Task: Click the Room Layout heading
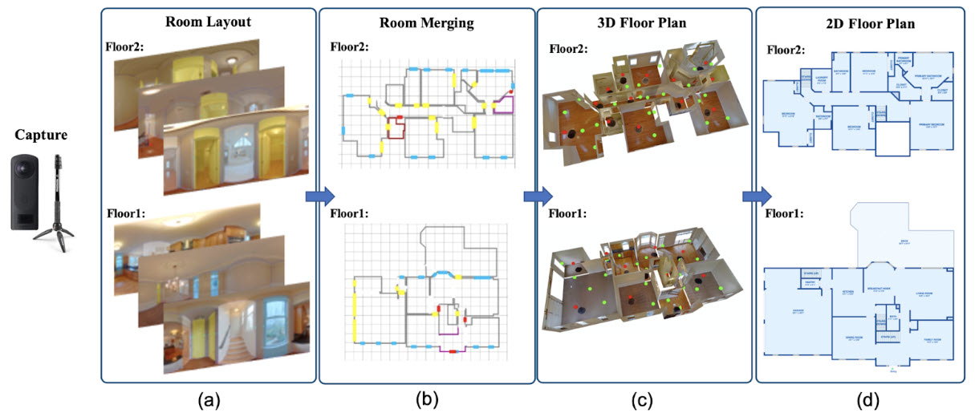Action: pyautogui.click(x=209, y=23)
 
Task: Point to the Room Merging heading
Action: pyautogui.click(x=428, y=23)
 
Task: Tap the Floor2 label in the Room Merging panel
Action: pyautogui.click(x=350, y=46)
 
